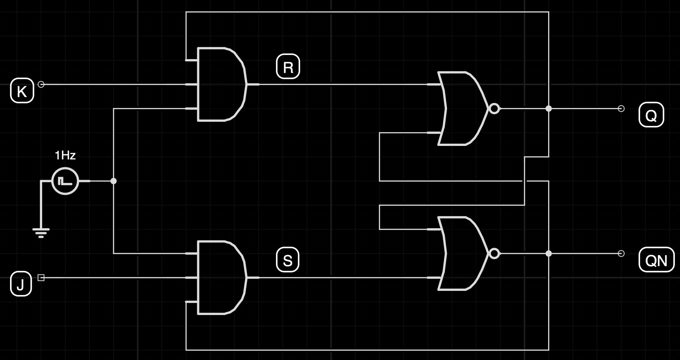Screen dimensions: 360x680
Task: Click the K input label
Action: click(22, 91)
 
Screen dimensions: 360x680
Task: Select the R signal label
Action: click(288, 67)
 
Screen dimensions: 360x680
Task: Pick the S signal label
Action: click(288, 260)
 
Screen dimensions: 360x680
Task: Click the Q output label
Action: click(651, 115)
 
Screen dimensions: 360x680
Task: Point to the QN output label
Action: click(656, 260)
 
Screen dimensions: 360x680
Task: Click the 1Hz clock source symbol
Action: click(65, 181)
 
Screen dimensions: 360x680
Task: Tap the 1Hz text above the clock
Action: click(65, 156)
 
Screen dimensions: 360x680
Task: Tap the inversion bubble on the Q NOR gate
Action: click(494, 109)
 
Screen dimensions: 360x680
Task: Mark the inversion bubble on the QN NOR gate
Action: click(494, 254)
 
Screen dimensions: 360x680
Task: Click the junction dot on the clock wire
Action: click(114, 181)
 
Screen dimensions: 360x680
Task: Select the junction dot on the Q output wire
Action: click(549, 109)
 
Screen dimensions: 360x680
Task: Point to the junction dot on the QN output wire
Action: click(549, 254)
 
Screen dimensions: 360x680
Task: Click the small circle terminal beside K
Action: click(41, 85)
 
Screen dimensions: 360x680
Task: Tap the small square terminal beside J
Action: click(41, 278)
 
